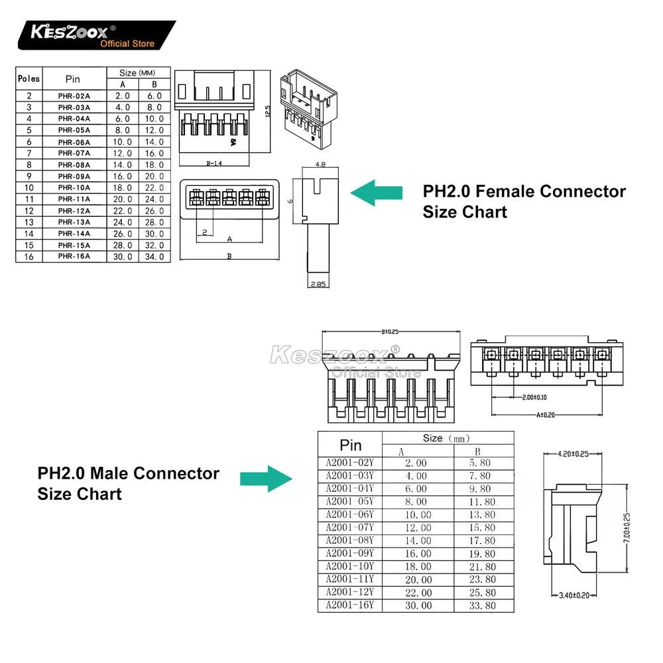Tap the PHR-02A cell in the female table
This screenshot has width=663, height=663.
tap(74, 95)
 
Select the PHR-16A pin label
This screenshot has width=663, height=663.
tap(74, 256)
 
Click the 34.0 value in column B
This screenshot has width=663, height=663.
tap(154, 256)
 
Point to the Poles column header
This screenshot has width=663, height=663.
tap(29, 78)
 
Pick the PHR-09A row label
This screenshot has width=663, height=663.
tap(74, 176)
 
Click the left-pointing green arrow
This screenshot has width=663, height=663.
tap(376, 192)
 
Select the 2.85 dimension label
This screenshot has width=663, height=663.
tap(320, 284)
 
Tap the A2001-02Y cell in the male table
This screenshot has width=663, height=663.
tap(350, 463)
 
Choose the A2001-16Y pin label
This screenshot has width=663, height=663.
tap(350, 605)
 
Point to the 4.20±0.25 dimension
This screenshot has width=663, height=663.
tap(573, 454)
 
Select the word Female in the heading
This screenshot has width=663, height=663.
tap(507, 192)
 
